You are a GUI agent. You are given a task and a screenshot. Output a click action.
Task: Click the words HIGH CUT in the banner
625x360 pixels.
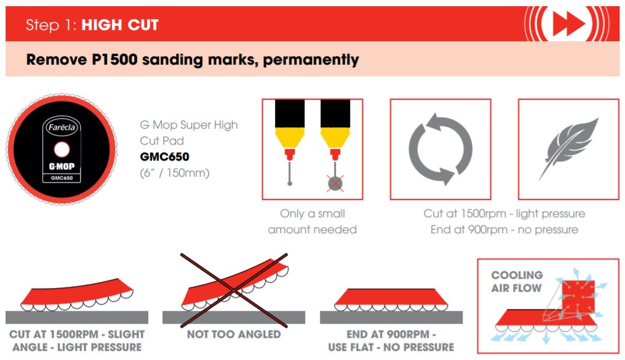(120, 25)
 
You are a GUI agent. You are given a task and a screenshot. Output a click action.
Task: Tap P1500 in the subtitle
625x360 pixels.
(115, 60)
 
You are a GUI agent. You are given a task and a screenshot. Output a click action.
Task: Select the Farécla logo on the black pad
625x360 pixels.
(62, 127)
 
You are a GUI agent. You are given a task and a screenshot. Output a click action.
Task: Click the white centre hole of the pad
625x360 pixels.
(62, 150)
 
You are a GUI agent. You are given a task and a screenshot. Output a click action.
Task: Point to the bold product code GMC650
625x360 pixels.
(165, 157)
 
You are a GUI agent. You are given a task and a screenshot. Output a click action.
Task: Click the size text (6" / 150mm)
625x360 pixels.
(175, 173)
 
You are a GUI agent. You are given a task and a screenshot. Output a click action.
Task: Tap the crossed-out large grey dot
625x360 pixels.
(335, 183)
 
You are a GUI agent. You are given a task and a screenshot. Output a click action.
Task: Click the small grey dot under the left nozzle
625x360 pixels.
(290, 183)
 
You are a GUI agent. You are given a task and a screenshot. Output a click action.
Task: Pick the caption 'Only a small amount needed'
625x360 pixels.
(312, 222)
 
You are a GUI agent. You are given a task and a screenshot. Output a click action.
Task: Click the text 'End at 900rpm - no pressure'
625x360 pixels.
(504, 230)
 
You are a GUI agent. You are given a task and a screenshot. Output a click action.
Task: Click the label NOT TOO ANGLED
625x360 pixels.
(234, 334)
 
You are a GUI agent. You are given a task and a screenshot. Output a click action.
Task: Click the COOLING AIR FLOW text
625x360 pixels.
(517, 281)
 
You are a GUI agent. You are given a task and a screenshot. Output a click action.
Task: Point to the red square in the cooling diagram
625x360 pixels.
(578, 297)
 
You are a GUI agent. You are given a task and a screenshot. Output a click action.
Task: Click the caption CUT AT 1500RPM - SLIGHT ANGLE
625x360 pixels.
(77, 340)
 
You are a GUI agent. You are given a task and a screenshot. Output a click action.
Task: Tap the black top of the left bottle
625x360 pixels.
(290, 113)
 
